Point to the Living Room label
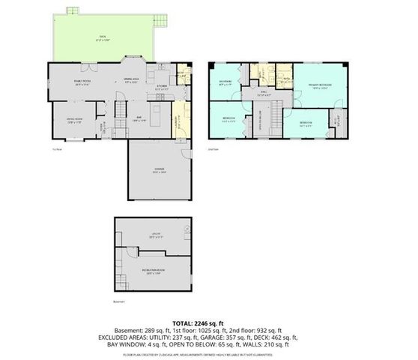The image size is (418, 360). pyautogui.click(x=74, y=118)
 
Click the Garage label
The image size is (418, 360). pyautogui.click(x=160, y=171)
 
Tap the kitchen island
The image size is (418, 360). pyautogui.click(x=158, y=116)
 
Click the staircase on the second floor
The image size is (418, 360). pyautogui.click(x=275, y=116)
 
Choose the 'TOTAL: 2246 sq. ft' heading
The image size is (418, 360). pyautogui.click(x=208, y=322)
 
